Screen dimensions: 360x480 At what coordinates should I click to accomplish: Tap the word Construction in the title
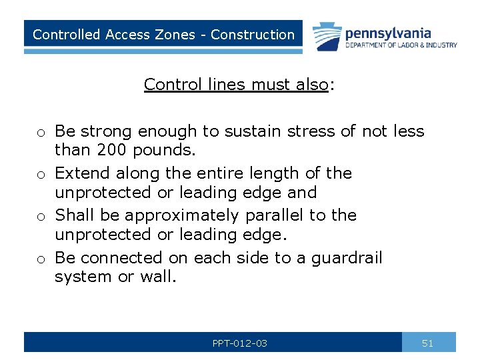tap(253, 35)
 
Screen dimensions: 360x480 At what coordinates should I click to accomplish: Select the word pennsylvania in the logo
tap(389, 33)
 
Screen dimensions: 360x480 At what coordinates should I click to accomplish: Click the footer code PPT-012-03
tap(239, 343)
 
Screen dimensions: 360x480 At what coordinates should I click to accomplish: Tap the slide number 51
tap(428, 343)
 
